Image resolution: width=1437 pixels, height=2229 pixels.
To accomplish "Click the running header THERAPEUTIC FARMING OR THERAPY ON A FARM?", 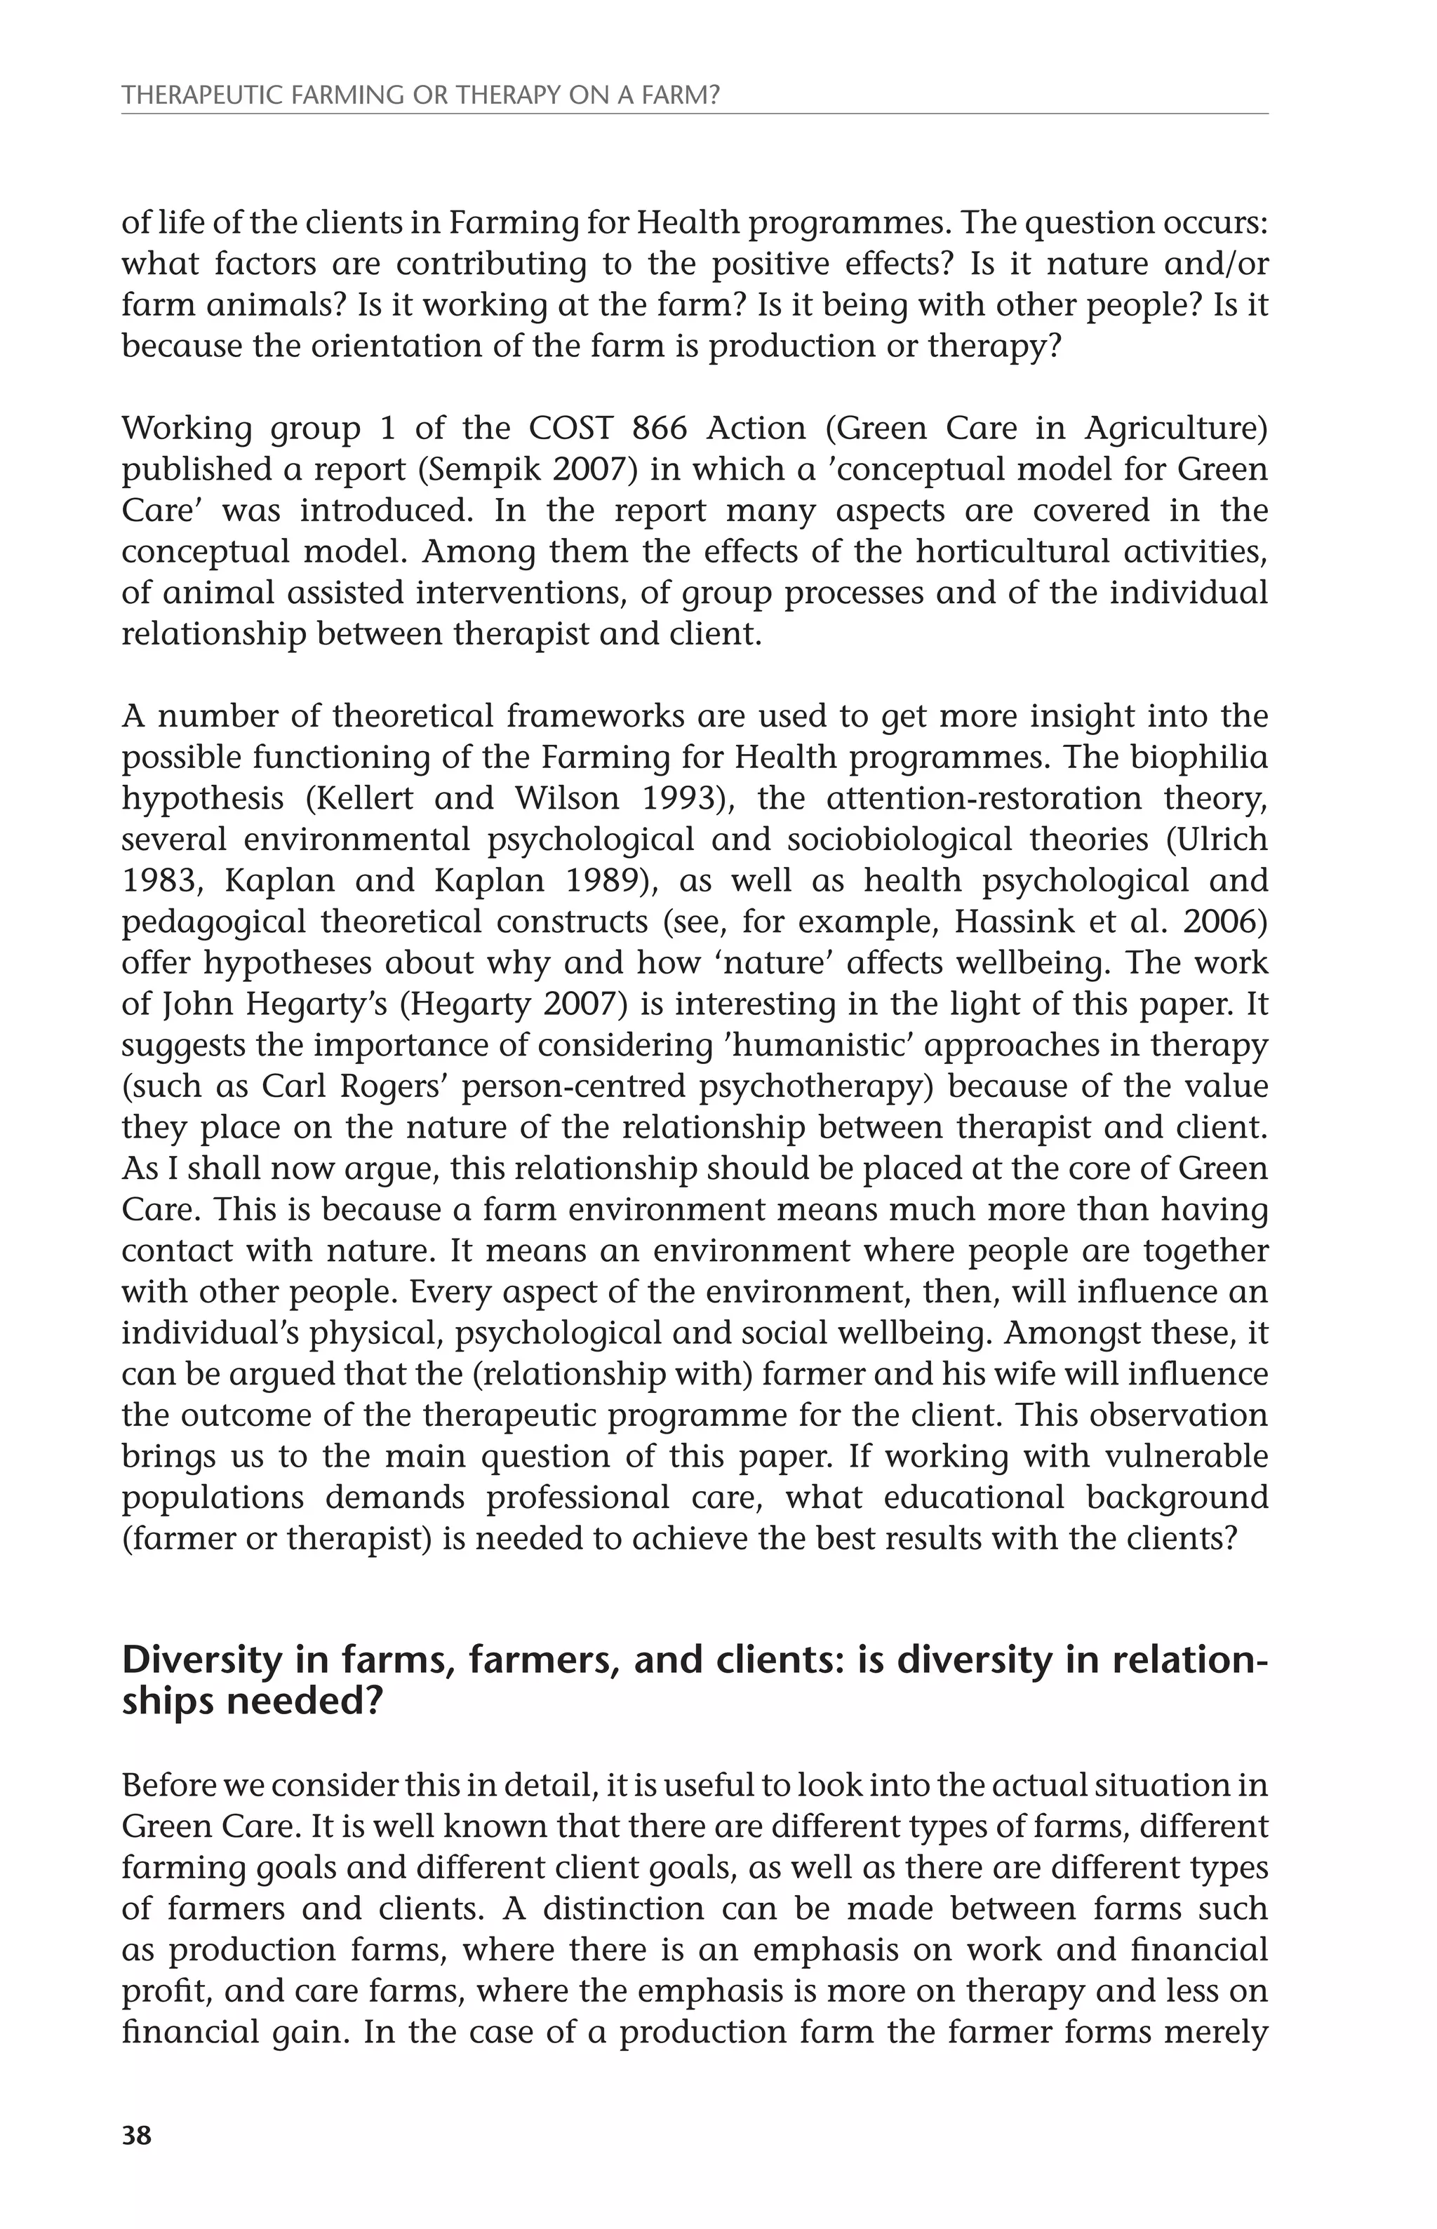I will coord(421,95).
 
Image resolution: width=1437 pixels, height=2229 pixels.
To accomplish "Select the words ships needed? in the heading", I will coord(252,1702).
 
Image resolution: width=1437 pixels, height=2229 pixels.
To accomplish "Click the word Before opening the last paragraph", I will coord(165,1785).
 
